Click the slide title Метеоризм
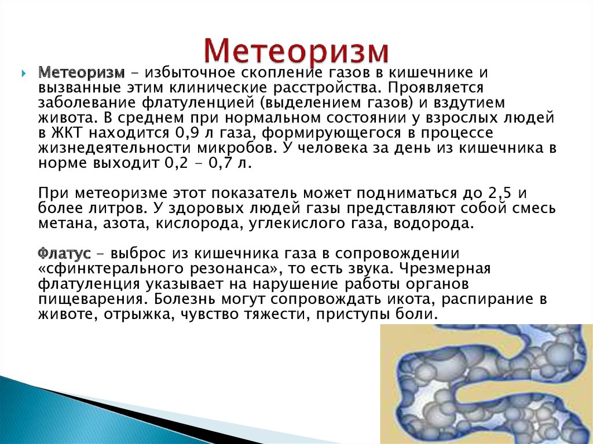296,52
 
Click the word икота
402,300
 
